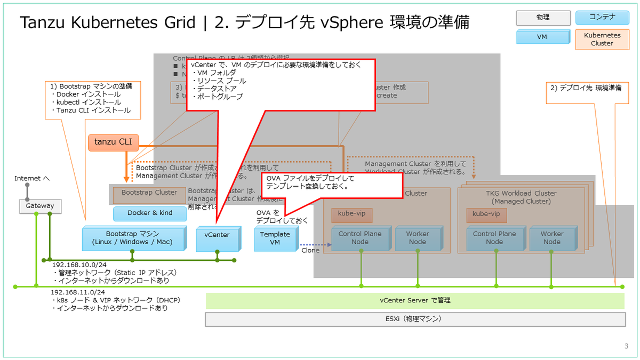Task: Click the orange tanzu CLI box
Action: (113, 142)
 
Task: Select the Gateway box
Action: (40, 206)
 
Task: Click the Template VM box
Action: (275, 238)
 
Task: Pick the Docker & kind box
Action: (150, 213)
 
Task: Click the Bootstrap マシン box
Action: (133, 238)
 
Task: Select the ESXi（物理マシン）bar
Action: (415, 319)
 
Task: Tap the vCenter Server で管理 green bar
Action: (415, 300)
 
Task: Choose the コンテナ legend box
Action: (602, 17)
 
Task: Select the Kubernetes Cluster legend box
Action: (602, 39)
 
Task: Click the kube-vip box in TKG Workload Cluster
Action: (486, 214)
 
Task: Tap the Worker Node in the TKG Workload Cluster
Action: (551, 238)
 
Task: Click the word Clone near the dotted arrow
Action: (310, 250)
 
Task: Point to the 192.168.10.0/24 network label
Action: (78, 265)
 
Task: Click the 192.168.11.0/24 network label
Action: (78, 292)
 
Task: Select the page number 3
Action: (626, 346)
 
